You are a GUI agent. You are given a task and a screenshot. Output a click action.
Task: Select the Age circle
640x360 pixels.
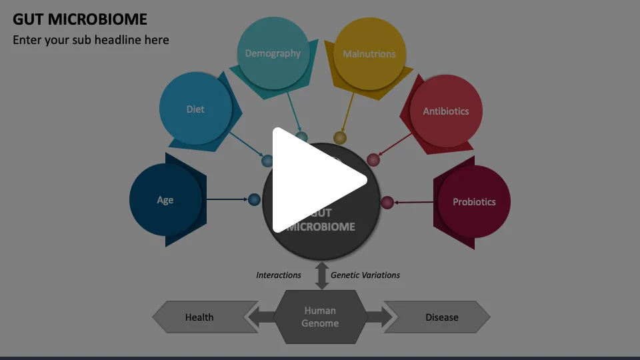click(x=165, y=200)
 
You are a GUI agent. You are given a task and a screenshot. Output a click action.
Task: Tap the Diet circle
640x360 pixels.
click(x=195, y=109)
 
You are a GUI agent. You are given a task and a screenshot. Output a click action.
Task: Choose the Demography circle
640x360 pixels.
click(x=273, y=53)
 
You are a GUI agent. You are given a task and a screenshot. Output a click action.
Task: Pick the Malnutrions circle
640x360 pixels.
click(x=369, y=54)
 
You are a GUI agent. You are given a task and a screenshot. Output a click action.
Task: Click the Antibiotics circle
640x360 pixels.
click(x=445, y=111)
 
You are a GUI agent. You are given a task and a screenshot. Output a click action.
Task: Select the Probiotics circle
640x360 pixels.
click(x=474, y=201)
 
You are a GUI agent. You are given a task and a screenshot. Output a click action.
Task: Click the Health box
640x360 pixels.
click(x=199, y=317)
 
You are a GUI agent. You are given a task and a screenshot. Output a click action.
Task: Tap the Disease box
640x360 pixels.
click(x=441, y=317)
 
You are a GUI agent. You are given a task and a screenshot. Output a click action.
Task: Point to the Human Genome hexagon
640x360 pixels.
click(x=320, y=317)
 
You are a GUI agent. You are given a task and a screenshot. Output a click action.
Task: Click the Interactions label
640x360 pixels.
click(x=279, y=275)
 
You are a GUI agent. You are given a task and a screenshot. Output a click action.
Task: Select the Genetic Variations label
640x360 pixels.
click(x=365, y=275)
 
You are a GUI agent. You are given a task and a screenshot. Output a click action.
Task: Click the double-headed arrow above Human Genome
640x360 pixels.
click(x=322, y=275)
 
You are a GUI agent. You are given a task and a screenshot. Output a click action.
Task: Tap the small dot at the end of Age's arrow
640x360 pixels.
click(x=254, y=199)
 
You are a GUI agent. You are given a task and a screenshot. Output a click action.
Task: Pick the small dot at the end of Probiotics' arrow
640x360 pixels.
click(x=387, y=202)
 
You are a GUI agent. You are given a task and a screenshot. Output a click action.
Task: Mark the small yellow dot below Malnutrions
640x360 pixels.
click(x=340, y=138)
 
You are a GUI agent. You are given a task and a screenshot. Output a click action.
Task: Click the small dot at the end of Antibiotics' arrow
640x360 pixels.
click(x=373, y=159)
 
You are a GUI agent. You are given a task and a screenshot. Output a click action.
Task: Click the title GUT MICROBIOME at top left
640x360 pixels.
click(x=80, y=19)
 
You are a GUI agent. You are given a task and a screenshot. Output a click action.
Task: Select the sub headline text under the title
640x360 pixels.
click(x=91, y=40)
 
